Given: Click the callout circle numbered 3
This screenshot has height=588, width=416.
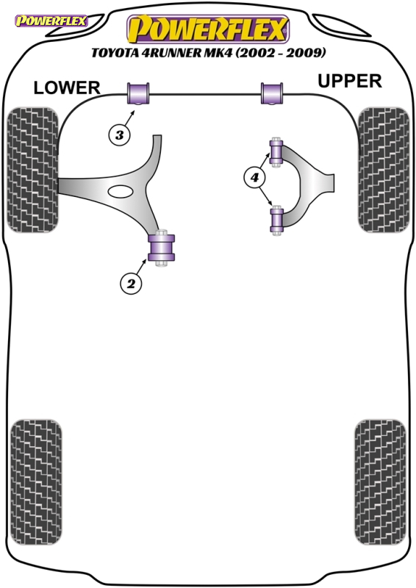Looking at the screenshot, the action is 119,135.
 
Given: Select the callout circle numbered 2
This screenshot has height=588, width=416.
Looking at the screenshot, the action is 131,284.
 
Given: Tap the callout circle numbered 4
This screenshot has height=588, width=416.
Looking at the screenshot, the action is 255,177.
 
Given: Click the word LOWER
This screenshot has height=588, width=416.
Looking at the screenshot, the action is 67,88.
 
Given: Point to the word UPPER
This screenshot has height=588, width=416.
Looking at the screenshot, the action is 350,81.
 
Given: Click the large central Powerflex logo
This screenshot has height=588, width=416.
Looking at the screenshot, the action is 208,29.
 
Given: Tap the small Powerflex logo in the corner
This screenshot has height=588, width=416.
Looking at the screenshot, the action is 51,21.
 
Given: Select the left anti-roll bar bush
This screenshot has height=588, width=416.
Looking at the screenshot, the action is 138,94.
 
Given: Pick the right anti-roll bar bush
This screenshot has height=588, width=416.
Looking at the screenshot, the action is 272,94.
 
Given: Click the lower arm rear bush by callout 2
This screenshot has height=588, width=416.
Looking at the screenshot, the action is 162,248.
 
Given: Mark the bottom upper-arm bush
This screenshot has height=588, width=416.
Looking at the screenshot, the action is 277,220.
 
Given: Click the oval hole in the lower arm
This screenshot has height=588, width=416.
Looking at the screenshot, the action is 121,191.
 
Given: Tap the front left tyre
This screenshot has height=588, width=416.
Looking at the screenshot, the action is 33,170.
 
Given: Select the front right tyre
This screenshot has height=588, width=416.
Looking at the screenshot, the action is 384,170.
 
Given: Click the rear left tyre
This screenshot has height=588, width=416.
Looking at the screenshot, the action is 36,482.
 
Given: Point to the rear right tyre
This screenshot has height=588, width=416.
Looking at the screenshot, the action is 380,482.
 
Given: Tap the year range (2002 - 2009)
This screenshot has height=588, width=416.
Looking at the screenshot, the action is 281,52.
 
